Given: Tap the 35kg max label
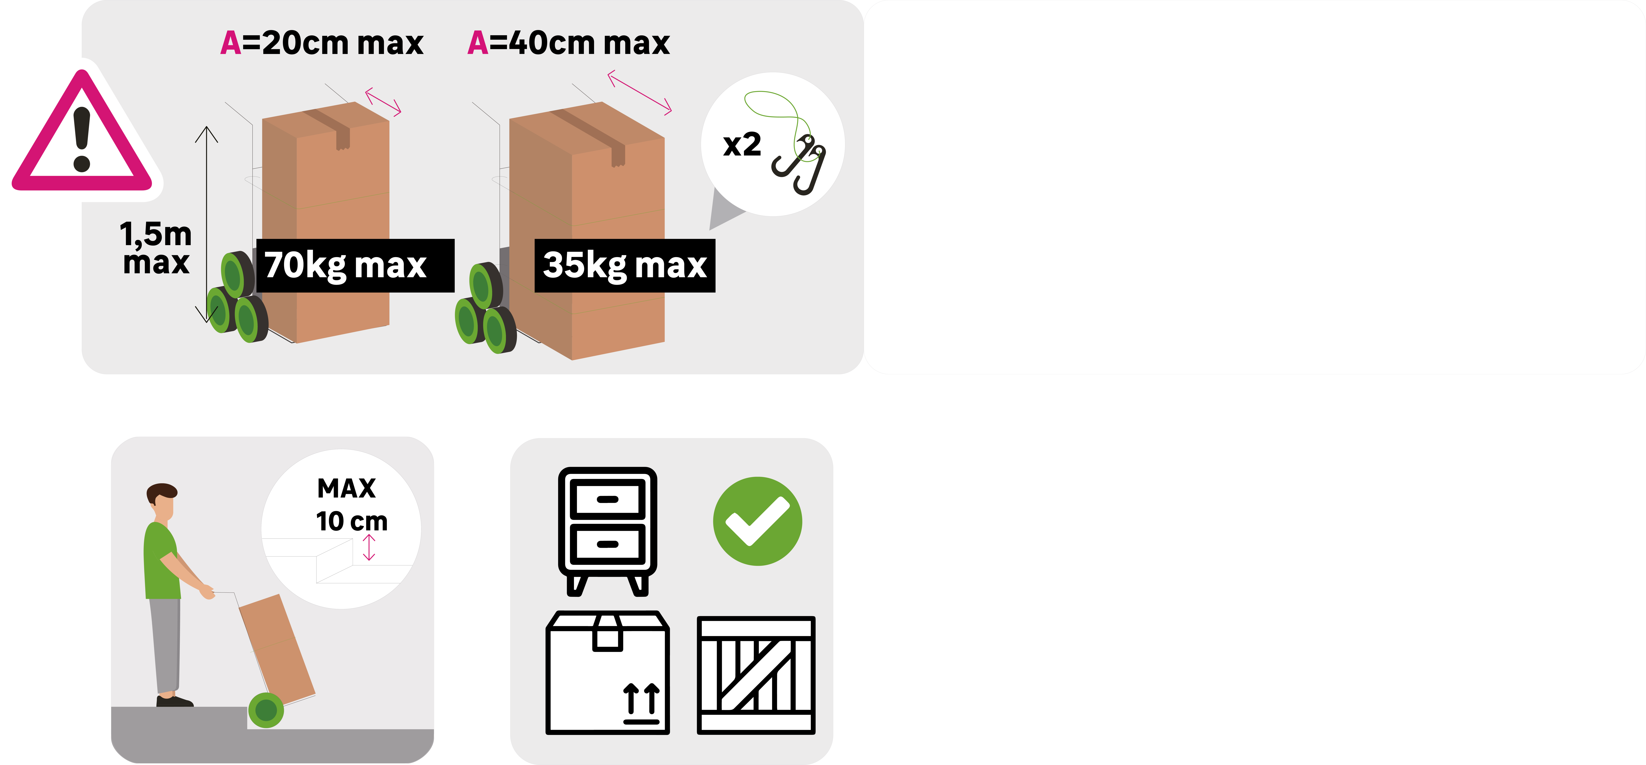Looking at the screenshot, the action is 625,265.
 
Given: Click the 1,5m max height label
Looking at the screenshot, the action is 156,248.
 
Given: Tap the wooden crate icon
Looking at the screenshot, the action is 756,675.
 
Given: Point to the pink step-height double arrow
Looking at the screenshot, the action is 369,548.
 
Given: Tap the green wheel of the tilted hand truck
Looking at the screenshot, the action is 266,710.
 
